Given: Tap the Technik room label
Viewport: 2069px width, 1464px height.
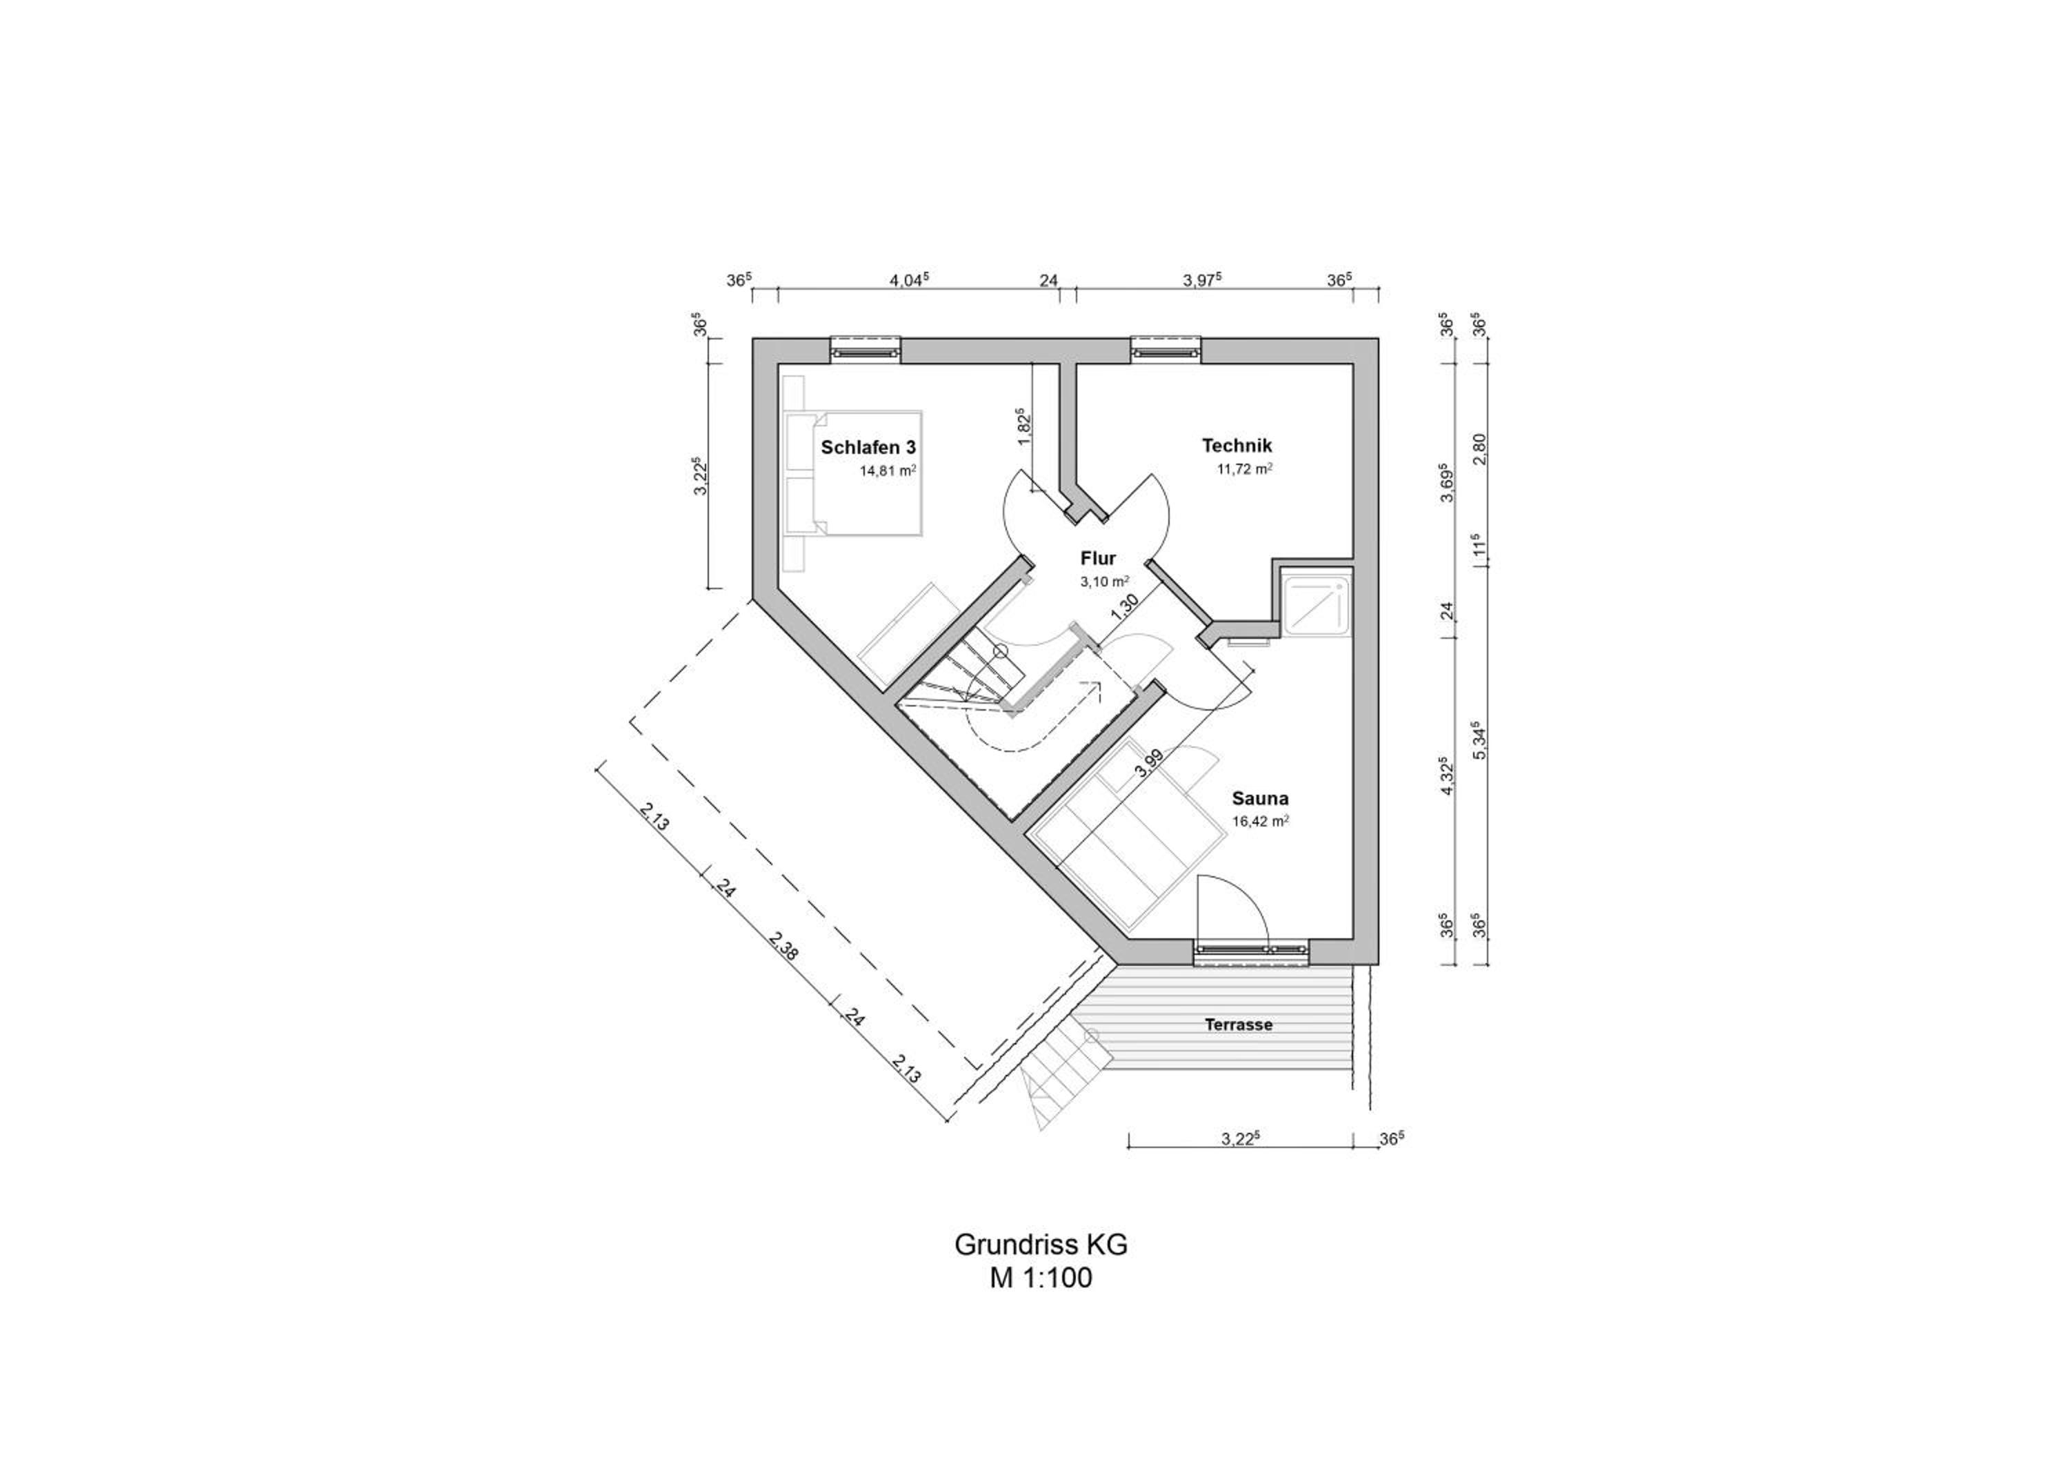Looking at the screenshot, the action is tap(1237, 445).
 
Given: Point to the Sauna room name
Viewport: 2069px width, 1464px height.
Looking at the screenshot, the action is tap(1260, 798).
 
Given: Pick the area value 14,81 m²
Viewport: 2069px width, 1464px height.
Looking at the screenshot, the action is tap(888, 471).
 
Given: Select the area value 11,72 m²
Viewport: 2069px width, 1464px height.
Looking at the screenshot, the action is tap(1244, 468).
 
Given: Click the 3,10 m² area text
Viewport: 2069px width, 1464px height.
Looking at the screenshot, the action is tap(1104, 582).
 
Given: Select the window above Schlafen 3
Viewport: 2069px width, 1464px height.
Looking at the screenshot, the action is tap(865, 348).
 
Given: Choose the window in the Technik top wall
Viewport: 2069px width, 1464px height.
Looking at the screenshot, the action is tap(1166, 348).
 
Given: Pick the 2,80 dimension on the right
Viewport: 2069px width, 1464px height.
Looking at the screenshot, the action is tap(1477, 450).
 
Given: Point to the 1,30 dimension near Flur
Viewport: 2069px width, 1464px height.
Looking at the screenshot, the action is tap(1123, 606).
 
